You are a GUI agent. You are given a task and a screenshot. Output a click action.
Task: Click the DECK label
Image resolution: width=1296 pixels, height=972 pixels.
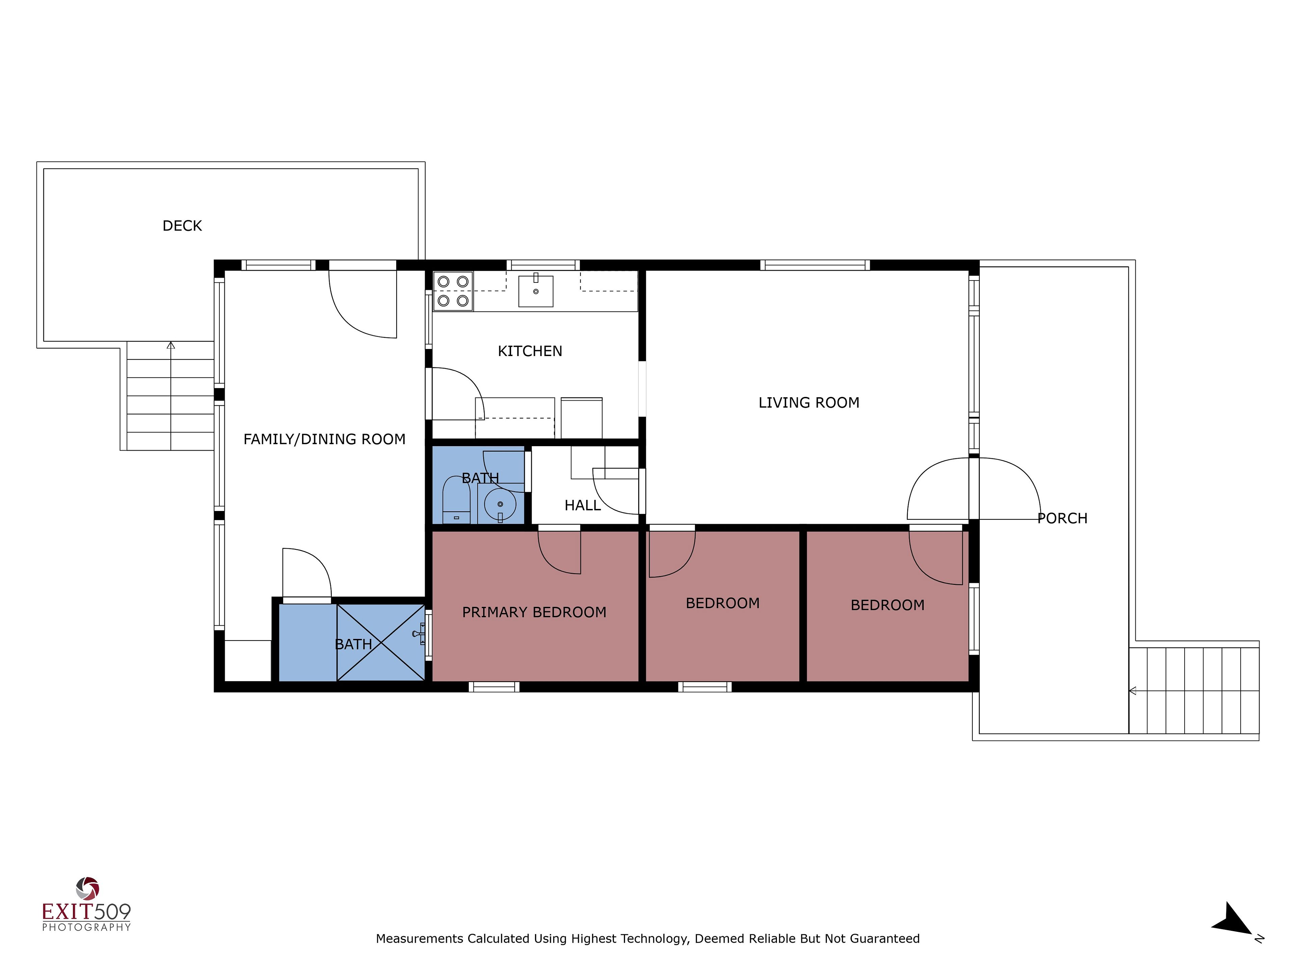point(182,226)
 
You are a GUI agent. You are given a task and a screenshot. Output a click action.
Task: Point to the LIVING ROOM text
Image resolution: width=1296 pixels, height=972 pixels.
point(809,403)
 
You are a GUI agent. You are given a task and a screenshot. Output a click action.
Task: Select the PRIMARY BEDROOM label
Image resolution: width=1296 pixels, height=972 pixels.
point(534,612)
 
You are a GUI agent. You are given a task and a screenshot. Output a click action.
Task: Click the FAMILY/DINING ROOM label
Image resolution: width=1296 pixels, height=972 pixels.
point(324,439)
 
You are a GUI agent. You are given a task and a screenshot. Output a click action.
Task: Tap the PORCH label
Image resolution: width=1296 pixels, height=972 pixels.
point(1062,518)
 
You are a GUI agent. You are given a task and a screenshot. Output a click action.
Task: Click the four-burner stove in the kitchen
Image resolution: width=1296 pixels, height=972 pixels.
point(453,291)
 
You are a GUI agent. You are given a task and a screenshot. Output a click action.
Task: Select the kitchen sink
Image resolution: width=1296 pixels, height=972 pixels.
point(536,291)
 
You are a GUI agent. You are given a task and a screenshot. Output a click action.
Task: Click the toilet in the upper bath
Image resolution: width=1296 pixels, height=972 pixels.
point(456,500)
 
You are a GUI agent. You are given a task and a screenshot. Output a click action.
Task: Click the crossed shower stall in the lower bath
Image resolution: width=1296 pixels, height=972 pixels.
point(381,643)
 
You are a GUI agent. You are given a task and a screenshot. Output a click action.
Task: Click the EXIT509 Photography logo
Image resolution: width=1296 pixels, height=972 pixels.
point(87,905)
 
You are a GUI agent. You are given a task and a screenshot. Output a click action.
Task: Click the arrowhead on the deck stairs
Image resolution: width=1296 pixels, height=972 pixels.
point(170,346)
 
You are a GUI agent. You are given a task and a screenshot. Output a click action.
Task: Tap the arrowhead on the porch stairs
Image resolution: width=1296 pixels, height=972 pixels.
point(1133,691)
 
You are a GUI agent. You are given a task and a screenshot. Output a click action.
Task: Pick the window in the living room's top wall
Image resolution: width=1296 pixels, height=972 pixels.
point(815,265)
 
